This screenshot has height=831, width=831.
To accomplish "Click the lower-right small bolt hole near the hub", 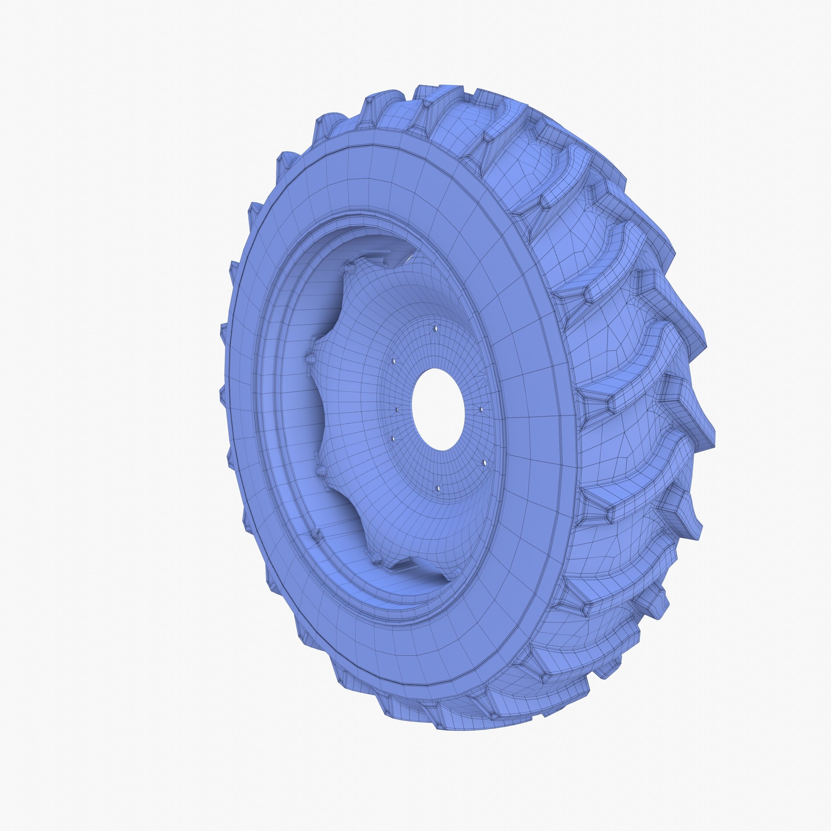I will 485,463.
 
